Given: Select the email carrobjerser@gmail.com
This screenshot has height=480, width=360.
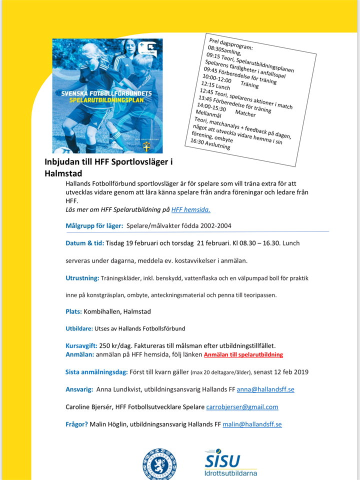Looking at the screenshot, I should click(x=242, y=407).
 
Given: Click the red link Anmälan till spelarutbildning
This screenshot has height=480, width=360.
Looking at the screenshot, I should click(x=243, y=354).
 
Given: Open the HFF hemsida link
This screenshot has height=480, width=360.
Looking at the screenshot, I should click(x=190, y=210).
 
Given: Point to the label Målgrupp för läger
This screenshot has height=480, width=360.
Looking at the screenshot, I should click(x=94, y=226).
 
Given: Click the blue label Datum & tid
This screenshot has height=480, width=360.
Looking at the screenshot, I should click(x=84, y=243).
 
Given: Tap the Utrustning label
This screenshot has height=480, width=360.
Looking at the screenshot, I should click(x=82, y=278).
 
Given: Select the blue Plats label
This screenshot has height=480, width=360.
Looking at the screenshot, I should click(x=73, y=311).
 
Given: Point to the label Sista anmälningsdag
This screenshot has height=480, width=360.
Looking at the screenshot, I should click(x=96, y=372).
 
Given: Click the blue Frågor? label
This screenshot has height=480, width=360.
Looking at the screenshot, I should click(x=76, y=424).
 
